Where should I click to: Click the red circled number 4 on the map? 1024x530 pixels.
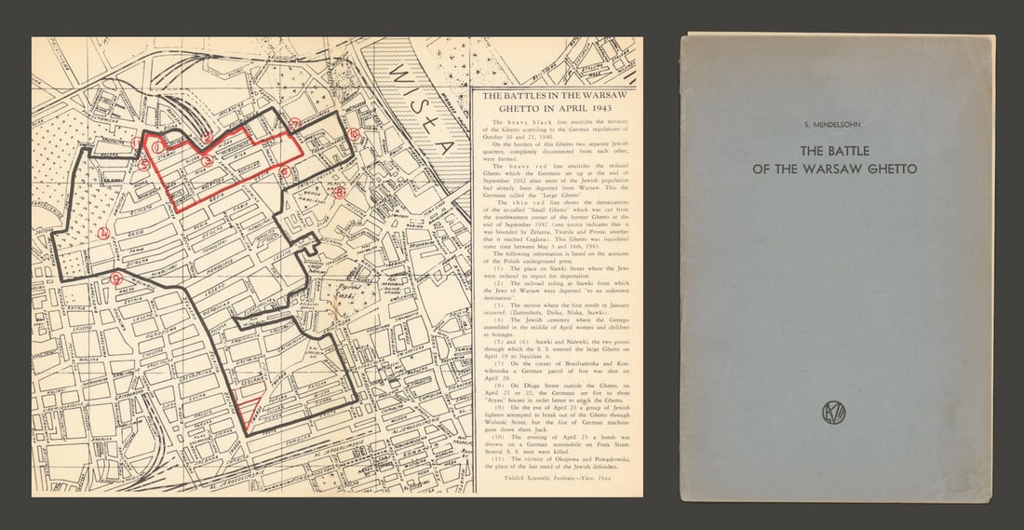tap(104, 233)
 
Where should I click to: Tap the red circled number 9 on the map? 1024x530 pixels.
tap(115, 279)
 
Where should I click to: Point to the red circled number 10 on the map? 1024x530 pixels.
tap(354, 134)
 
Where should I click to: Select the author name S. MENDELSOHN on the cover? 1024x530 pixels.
tap(834, 124)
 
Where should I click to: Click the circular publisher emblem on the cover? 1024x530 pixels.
tap(834, 413)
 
